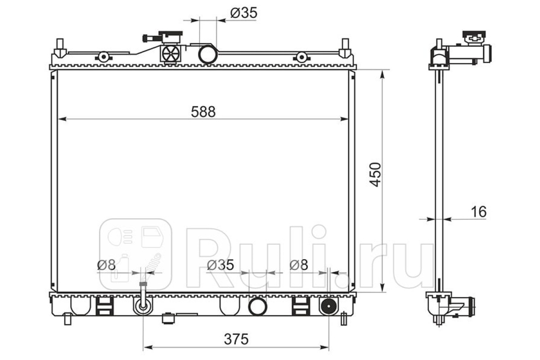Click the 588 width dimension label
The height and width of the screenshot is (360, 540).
[x=203, y=112]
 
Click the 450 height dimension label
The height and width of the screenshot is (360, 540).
[x=375, y=175]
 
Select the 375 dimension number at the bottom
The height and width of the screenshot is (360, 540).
[x=236, y=339]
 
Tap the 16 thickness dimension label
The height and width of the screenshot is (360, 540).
[x=478, y=211]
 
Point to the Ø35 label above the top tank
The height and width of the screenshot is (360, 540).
[x=244, y=13]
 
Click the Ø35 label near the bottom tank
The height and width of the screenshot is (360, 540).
[x=220, y=265]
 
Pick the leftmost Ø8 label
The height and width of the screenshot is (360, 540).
[x=106, y=265]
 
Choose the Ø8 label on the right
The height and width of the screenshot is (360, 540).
[x=299, y=265]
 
